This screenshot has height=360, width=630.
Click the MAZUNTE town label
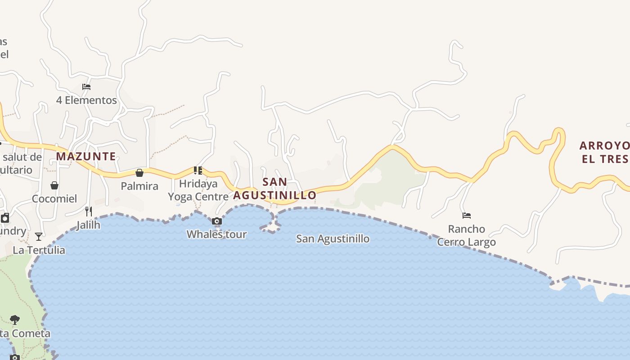point(86,157)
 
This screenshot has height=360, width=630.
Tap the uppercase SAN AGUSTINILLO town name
point(274,189)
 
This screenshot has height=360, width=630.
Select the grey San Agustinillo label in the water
point(333,238)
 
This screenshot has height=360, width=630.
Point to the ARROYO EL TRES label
point(604,152)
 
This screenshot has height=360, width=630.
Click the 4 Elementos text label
point(86,100)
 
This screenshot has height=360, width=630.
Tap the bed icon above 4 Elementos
point(86,86)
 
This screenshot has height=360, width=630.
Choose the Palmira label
point(139,186)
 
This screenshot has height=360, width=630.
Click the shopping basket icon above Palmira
point(139,173)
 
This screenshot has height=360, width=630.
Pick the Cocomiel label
point(54,198)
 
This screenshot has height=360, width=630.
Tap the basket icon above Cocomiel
point(54,185)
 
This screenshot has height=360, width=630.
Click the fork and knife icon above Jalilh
point(89,211)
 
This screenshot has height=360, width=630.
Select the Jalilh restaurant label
point(88,225)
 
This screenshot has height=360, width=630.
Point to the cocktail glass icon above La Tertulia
point(39,237)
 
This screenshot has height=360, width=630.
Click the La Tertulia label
point(39,250)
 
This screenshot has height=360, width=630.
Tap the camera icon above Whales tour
point(217,221)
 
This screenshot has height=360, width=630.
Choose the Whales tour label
point(217,234)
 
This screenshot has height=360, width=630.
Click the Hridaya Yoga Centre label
point(198,190)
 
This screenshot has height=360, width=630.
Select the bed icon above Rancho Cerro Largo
point(467,216)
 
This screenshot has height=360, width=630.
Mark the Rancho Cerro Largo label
point(467,235)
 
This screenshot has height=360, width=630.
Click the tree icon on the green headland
point(15,320)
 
